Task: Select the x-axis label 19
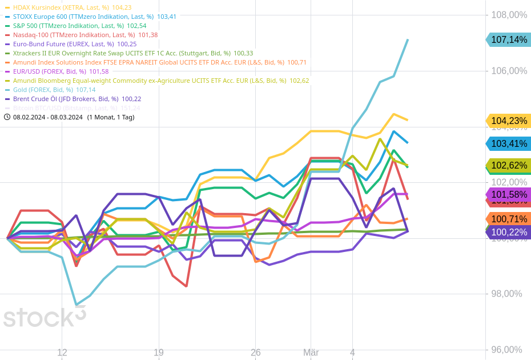[x=159, y=353]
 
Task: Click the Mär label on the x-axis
[x=311, y=353]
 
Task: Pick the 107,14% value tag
[x=509, y=39]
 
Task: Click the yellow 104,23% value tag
[x=509, y=121]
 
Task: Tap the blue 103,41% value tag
[x=509, y=143]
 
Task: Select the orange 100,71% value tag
[x=509, y=219]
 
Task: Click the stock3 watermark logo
[x=45, y=317]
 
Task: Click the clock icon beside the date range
[x=7, y=117]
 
